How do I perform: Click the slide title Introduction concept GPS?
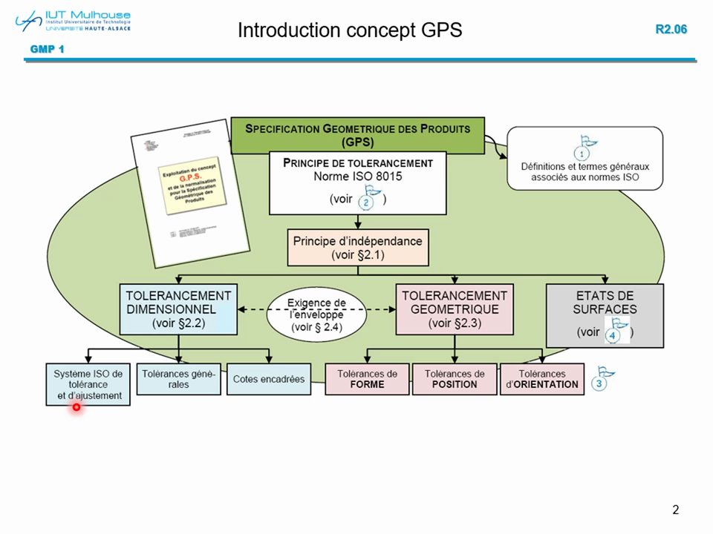(349, 30)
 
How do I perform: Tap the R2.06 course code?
(671, 30)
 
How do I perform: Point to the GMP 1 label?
(47, 50)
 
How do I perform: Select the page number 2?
(675, 510)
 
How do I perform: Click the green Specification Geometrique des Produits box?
(357, 135)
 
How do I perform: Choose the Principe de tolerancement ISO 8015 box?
(357, 182)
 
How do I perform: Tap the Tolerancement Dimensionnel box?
(178, 309)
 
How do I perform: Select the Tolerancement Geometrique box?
(454, 309)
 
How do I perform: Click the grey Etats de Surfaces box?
(604, 315)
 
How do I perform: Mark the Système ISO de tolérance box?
(88, 383)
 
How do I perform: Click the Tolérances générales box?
(178, 378)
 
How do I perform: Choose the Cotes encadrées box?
(269, 378)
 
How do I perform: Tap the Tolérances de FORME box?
(367, 378)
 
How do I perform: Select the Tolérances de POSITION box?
(455, 378)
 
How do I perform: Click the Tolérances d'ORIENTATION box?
(542, 378)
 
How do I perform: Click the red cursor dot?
(76, 406)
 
